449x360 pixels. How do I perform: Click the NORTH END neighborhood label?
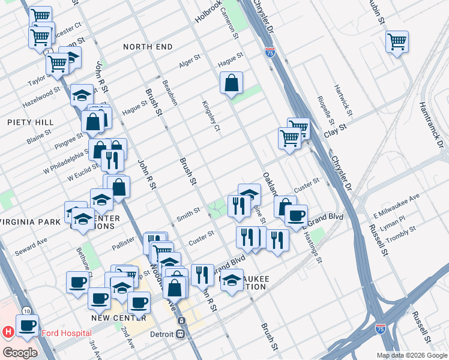point(148,47)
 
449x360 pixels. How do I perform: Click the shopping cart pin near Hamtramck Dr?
point(397,42)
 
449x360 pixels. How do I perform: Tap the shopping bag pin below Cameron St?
point(231,83)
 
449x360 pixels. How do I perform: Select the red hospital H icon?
point(8,331)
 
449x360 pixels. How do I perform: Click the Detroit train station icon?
point(180,334)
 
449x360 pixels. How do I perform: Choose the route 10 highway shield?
point(26,311)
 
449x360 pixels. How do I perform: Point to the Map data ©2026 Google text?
point(411,355)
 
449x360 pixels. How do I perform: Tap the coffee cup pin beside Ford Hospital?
point(27,326)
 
